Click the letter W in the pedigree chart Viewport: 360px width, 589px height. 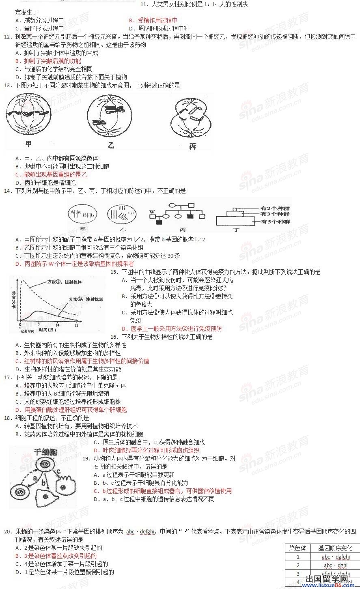(x=151, y=212)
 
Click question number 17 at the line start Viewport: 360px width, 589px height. (x=7, y=377)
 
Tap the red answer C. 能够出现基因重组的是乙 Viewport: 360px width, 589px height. (x=51, y=174)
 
